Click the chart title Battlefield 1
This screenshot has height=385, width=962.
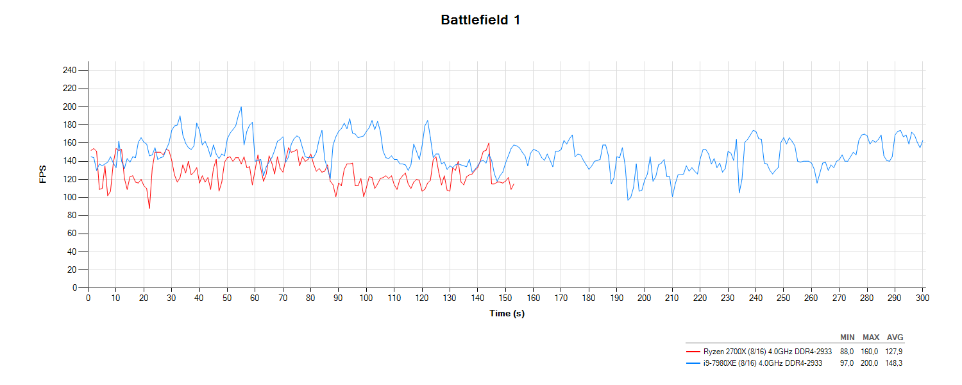click(480, 20)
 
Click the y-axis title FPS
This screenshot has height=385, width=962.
click(43, 175)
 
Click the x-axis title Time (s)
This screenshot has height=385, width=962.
click(507, 313)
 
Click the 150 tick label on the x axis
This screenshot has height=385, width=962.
click(505, 298)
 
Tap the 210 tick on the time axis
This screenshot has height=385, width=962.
click(672, 298)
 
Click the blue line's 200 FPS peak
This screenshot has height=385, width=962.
click(241, 107)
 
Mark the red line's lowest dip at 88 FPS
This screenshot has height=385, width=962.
click(149, 208)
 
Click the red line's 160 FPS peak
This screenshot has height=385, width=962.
click(489, 143)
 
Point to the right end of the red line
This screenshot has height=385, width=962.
click(514, 184)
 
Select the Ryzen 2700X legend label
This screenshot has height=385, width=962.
click(767, 351)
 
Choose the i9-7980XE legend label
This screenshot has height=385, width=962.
click(763, 363)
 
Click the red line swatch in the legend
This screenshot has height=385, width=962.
click(693, 351)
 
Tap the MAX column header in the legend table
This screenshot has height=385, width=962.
click(871, 338)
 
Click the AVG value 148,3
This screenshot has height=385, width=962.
click(895, 363)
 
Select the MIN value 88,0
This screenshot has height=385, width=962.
click(847, 351)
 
